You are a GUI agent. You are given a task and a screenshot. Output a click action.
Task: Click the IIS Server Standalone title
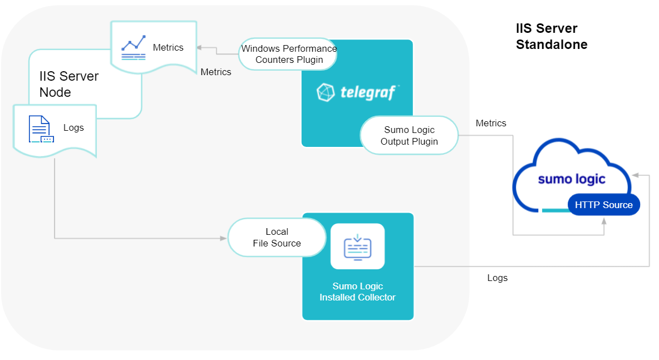click(x=551, y=36)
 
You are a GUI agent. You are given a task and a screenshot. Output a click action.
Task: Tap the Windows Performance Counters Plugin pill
click(x=289, y=54)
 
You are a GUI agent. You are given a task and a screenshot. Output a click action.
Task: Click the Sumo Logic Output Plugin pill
click(x=409, y=136)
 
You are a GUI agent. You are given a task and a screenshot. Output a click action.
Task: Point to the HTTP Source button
click(x=603, y=205)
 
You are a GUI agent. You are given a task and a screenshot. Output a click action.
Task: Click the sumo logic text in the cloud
click(x=572, y=179)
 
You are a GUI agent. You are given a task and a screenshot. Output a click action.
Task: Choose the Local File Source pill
click(x=277, y=238)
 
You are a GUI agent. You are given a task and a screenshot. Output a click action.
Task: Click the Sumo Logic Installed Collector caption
click(x=357, y=292)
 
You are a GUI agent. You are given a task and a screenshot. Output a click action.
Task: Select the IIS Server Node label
click(x=68, y=84)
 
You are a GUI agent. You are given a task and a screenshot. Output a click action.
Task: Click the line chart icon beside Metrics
click(x=134, y=48)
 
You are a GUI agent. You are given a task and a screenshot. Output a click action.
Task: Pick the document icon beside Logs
click(x=41, y=129)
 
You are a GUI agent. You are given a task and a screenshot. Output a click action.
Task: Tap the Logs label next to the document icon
click(x=73, y=127)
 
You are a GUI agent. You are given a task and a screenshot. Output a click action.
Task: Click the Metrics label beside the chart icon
click(x=168, y=47)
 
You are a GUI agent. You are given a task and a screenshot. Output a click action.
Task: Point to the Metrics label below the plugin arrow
click(x=216, y=72)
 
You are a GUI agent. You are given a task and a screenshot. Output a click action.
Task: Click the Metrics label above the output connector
click(x=491, y=123)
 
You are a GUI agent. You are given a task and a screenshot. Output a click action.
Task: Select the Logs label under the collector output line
click(x=497, y=278)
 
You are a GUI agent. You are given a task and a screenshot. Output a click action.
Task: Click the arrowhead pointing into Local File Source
click(x=224, y=239)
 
